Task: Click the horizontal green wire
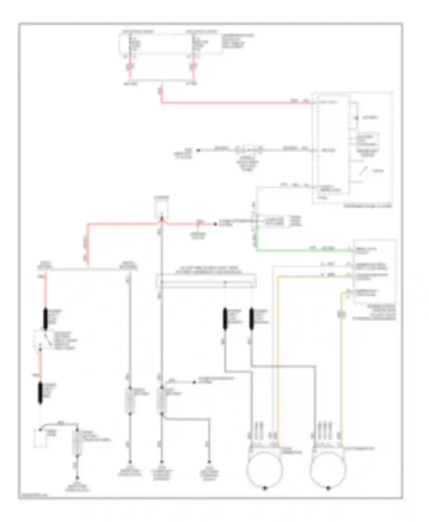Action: (303, 251)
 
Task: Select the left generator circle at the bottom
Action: (264, 469)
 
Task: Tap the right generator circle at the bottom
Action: (328, 469)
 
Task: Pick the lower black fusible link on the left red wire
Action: (40, 393)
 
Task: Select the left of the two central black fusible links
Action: (225, 318)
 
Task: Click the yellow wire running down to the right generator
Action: (341, 371)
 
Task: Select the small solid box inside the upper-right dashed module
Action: (368, 140)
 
